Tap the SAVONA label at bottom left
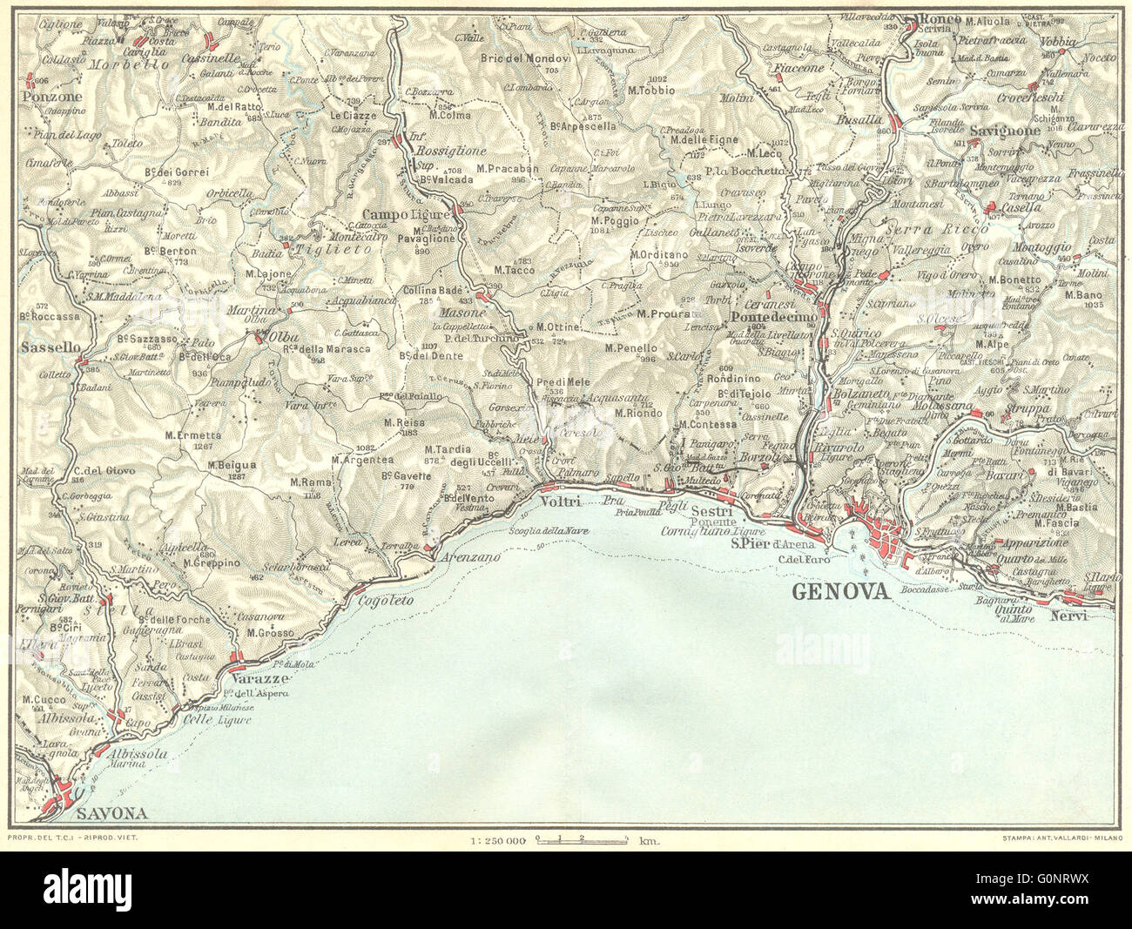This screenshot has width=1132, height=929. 111,814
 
